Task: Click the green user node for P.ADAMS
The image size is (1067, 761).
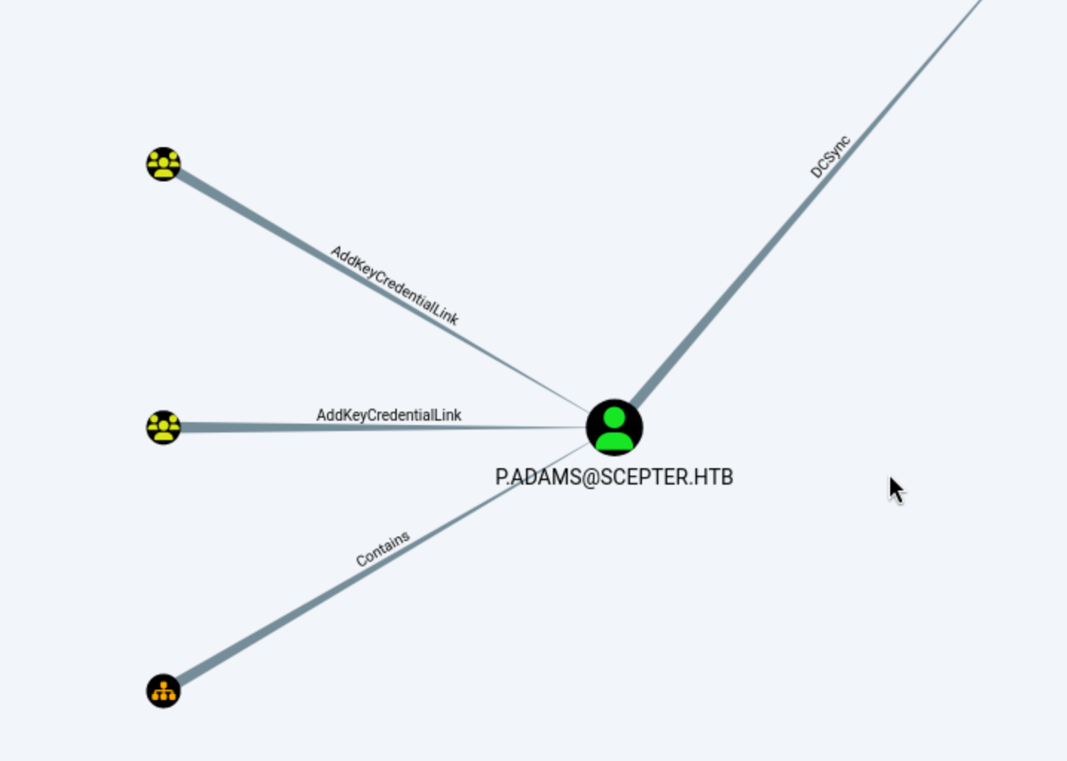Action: pos(614,427)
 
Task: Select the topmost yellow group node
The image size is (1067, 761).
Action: pos(163,163)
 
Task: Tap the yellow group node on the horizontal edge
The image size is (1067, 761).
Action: pos(163,427)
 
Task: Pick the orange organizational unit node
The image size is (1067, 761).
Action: pos(163,691)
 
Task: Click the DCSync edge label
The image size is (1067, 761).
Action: pos(830,157)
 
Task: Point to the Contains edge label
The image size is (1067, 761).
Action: pos(383,548)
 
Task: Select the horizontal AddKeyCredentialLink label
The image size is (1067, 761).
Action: pos(389,415)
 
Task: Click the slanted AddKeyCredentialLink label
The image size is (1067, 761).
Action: pos(395,285)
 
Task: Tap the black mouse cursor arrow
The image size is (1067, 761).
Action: pos(895,489)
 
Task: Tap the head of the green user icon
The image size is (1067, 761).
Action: pos(614,417)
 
